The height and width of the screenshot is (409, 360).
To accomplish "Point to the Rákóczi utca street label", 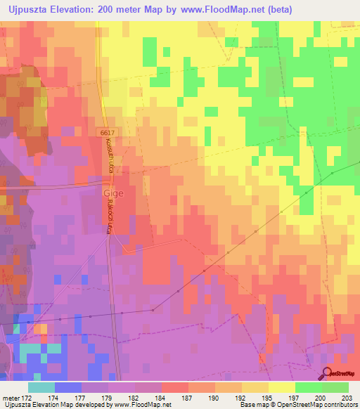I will pyautogui.click(x=111, y=216).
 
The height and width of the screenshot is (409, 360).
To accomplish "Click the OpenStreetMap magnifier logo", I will pyautogui.click(x=328, y=375).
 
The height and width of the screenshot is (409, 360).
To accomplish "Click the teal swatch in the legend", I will pyautogui.click(x=41, y=387).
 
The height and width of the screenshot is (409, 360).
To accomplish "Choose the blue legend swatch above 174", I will pyautogui.click(x=68, y=387).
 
